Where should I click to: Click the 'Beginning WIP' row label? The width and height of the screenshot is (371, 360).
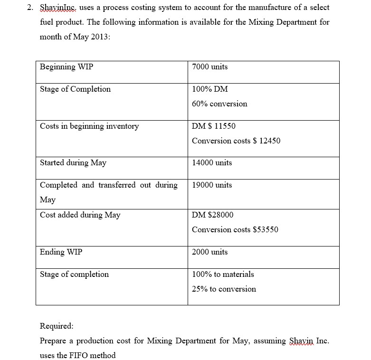pyautogui.click(x=67, y=67)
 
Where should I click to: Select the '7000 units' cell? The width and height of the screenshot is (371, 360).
pyautogui.click(x=209, y=67)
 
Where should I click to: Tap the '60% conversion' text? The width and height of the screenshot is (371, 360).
pyautogui.click(x=219, y=104)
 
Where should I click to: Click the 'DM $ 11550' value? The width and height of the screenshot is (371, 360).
pyautogui.click(x=213, y=126)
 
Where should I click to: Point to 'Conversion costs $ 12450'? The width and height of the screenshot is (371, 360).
pyautogui.click(x=236, y=141)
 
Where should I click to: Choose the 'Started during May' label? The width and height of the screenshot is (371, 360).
pyautogui.click(x=73, y=163)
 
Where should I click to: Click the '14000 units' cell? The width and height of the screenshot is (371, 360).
pyautogui.click(x=212, y=163)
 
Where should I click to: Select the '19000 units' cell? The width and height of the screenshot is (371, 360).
pyautogui.click(x=212, y=185)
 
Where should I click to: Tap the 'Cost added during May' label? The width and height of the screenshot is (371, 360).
pyautogui.click(x=80, y=215)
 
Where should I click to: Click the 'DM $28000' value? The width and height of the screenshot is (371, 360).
pyautogui.click(x=212, y=215)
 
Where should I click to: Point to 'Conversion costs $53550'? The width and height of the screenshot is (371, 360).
pyautogui.click(x=235, y=230)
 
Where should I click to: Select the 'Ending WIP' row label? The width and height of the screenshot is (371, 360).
pyautogui.click(x=61, y=252)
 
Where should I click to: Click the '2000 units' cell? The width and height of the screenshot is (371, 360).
pyautogui.click(x=209, y=252)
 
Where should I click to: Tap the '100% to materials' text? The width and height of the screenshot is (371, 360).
pyautogui.click(x=223, y=275)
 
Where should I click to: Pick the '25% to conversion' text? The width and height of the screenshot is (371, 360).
pyautogui.click(x=224, y=289)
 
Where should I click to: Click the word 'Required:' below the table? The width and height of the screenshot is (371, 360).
pyautogui.click(x=57, y=326)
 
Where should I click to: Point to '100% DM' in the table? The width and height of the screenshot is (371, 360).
pyautogui.click(x=208, y=89)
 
